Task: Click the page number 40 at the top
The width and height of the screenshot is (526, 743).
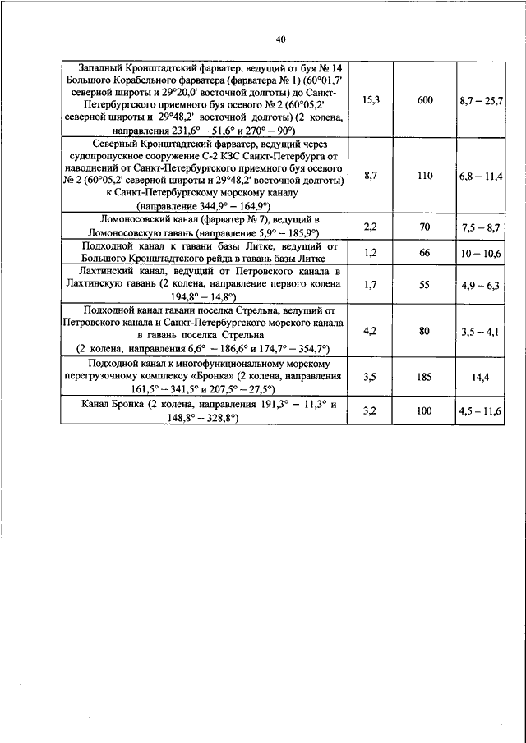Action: [281, 39]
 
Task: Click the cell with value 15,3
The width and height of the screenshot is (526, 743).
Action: [371, 99]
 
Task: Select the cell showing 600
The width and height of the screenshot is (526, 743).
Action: [424, 99]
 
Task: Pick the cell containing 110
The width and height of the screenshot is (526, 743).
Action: [424, 176]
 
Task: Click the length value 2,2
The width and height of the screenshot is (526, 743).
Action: [371, 226]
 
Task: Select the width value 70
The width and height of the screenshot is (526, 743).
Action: [424, 226]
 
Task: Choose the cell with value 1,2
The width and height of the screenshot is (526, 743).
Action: [371, 252]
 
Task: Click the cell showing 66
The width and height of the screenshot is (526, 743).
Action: [424, 252]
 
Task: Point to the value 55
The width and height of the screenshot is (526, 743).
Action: [424, 284]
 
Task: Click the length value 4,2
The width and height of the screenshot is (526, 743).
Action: [371, 330]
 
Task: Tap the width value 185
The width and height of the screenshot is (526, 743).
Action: [424, 377]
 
